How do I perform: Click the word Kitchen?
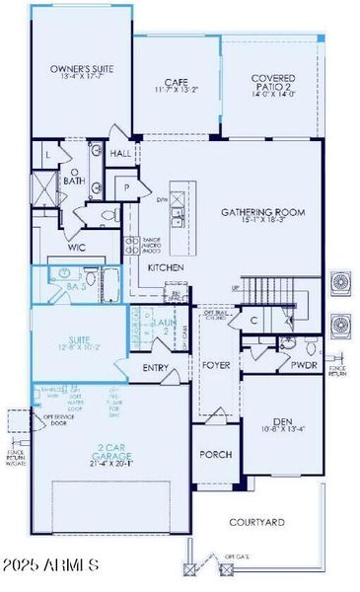[x=165, y=267]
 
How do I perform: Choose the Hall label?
[x=121, y=154]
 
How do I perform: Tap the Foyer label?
[x=216, y=364]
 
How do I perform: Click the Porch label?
[x=215, y=455]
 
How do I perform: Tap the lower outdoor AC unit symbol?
[x=342, y=324]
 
